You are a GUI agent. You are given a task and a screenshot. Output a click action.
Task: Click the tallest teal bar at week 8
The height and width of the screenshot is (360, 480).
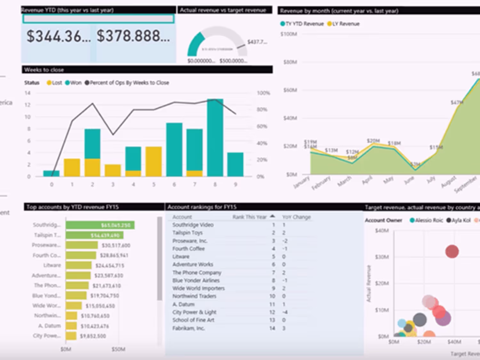point(215,137)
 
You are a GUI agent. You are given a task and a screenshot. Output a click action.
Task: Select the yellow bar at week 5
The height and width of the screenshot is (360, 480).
point(154,161)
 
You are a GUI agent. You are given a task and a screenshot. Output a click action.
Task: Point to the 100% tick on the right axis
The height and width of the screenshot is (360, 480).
point(263,93)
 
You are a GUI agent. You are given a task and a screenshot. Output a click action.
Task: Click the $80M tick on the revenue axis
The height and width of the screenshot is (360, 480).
point(290,62)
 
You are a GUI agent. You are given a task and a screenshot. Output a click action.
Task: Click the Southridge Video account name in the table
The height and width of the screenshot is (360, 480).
point(193,225)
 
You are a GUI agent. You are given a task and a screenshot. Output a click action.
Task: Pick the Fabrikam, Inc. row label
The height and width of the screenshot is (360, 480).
point(188,328)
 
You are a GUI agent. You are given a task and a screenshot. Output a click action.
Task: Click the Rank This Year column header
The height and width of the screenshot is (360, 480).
point(250,217)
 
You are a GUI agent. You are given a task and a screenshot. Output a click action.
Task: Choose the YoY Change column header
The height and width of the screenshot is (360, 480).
point(296,217)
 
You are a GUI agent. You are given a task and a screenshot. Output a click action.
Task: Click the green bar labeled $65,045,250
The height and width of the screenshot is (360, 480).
point(100,225)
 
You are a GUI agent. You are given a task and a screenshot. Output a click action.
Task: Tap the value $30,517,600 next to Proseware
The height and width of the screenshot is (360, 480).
point(116,246)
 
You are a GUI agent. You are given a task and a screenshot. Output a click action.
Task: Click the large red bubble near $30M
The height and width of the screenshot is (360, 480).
point(452,252)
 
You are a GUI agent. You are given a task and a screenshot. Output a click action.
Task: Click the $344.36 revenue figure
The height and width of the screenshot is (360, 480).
point(58,36)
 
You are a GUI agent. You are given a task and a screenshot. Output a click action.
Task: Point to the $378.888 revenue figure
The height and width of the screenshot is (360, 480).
point(133,36)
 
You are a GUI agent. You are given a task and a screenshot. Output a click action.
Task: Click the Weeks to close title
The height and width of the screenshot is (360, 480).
point(44,70)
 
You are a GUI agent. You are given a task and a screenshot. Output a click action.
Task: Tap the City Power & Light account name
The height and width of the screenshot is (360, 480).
point(194,312)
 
